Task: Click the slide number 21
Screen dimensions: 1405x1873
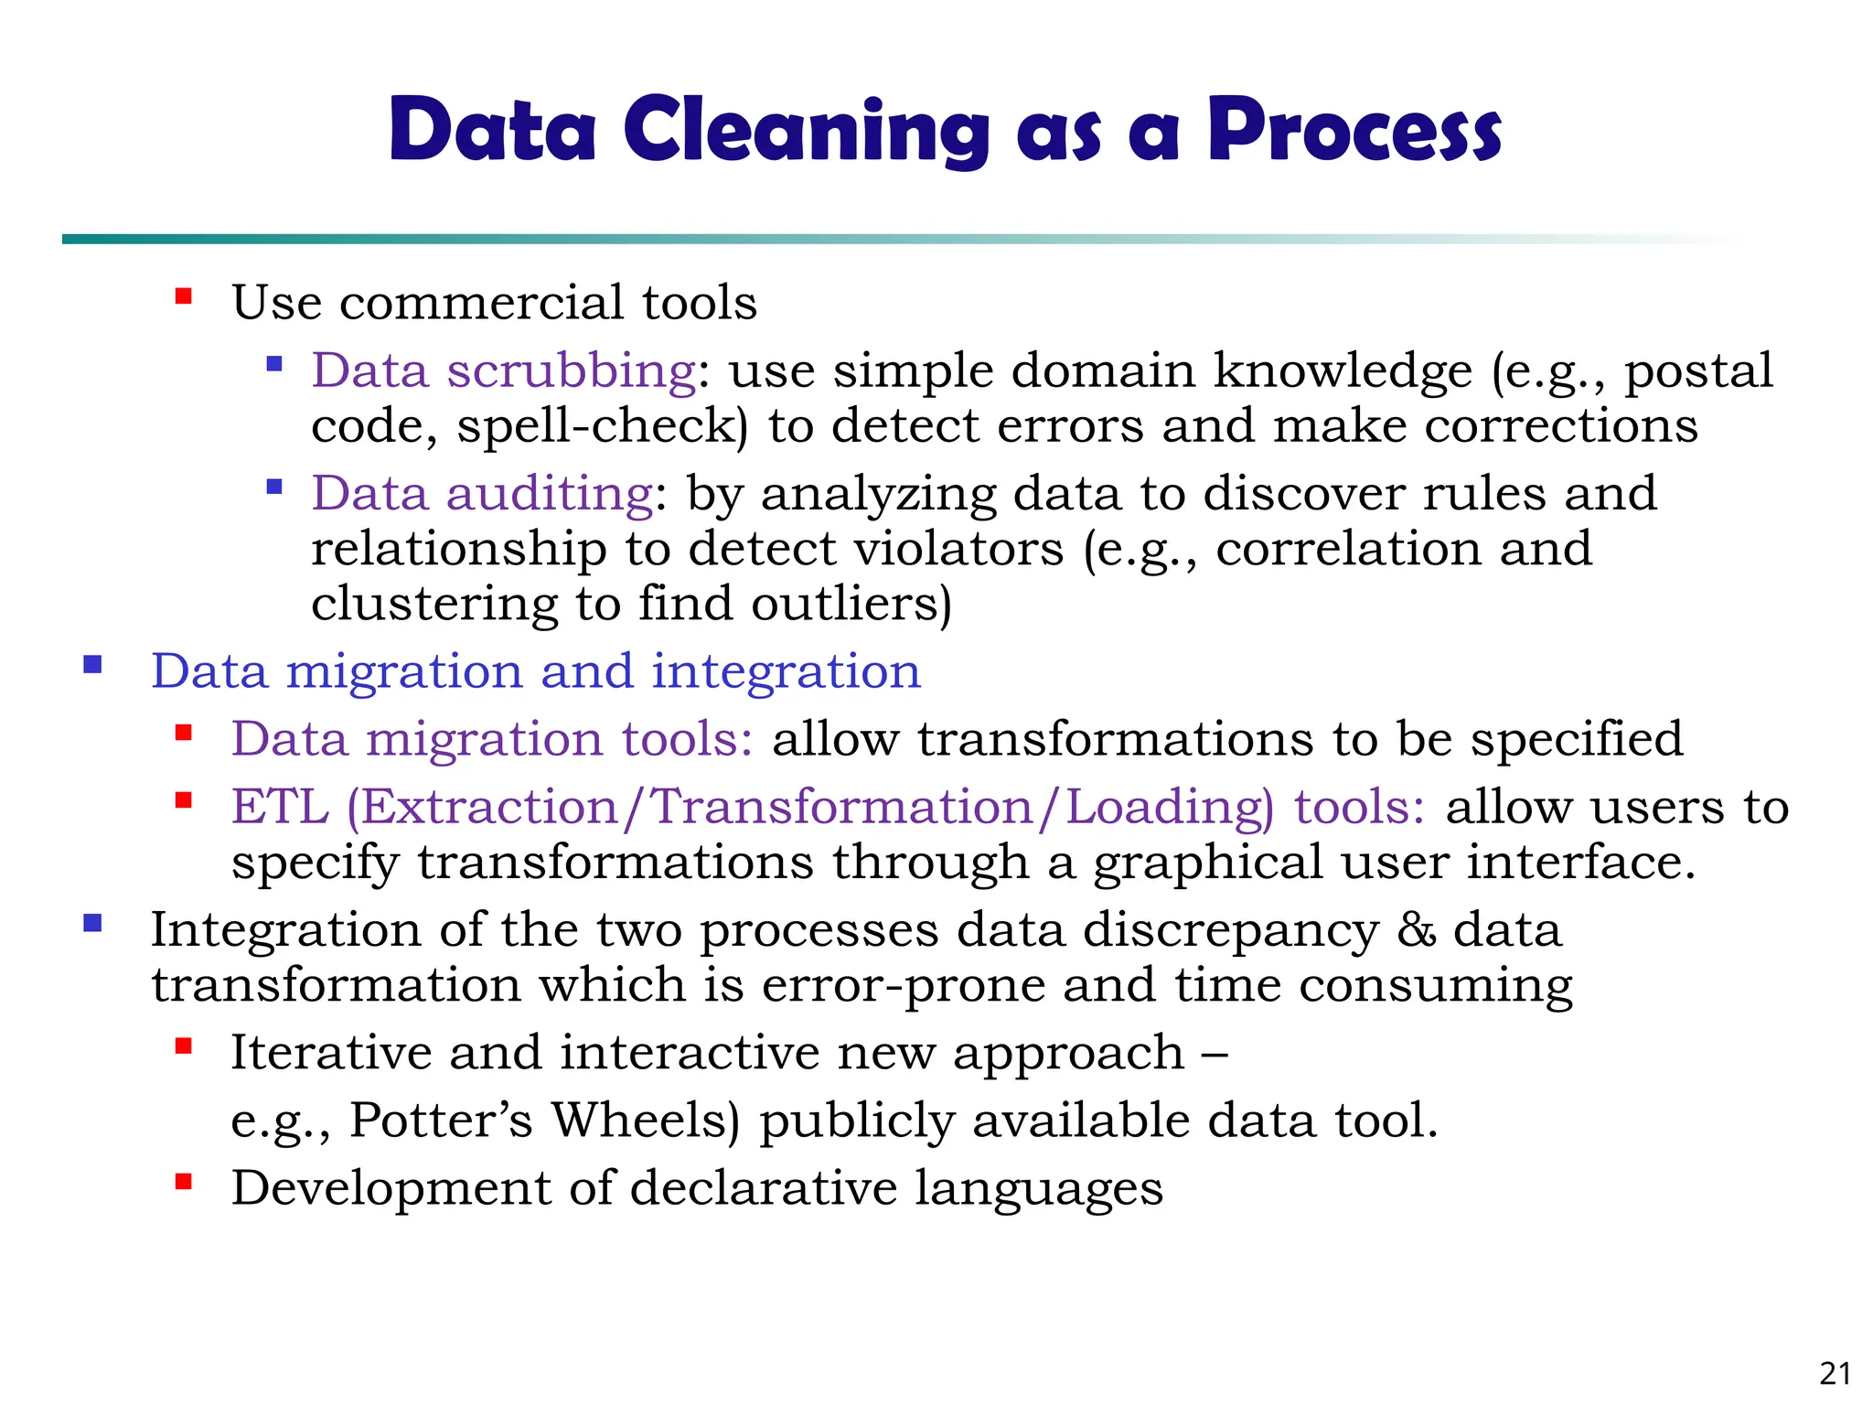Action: (1835, 1374)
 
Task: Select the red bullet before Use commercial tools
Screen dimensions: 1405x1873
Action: (184, 296)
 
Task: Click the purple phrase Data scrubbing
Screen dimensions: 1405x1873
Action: (504, 371)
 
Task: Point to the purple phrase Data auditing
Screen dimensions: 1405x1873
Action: (482, 494)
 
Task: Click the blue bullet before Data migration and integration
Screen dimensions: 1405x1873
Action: (92, 665)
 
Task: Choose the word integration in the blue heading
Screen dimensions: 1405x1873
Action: (786, 671)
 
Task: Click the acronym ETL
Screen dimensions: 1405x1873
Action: (280, 808)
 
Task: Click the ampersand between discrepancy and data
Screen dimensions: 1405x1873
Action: (1416, 931)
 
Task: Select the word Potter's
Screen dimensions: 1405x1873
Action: (441, 1121)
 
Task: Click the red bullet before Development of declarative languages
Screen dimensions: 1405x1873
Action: (184, 1182)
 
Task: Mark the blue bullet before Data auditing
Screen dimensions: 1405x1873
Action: (273, 488)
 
